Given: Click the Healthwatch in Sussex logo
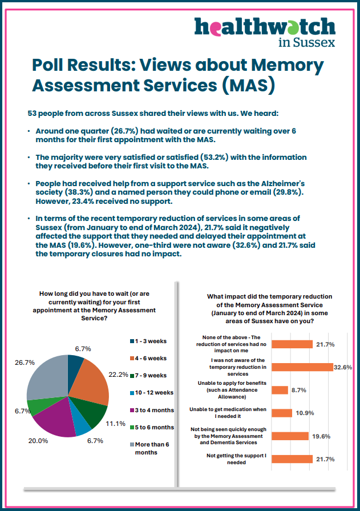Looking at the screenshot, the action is click(265, 32).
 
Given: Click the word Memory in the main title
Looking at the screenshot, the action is click(287, 65).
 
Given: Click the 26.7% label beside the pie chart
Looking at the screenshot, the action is click(25, 363).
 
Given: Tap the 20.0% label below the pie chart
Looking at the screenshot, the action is click(38, 441).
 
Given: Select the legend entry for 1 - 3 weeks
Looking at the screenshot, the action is click(148, 341).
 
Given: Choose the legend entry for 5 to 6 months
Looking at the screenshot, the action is click(152, 427).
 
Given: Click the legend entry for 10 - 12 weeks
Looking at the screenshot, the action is click(152, 392).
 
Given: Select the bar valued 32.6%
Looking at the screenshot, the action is click(302, 367).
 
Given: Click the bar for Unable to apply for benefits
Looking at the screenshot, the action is click(280, 390).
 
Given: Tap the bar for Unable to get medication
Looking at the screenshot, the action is click(282, 413).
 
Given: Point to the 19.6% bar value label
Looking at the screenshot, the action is click(321, 436).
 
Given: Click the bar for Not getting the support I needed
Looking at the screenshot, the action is click(292, 459).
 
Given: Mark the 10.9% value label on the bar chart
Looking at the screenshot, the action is click(305, 413).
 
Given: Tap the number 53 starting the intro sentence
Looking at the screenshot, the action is click(32, 114).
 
